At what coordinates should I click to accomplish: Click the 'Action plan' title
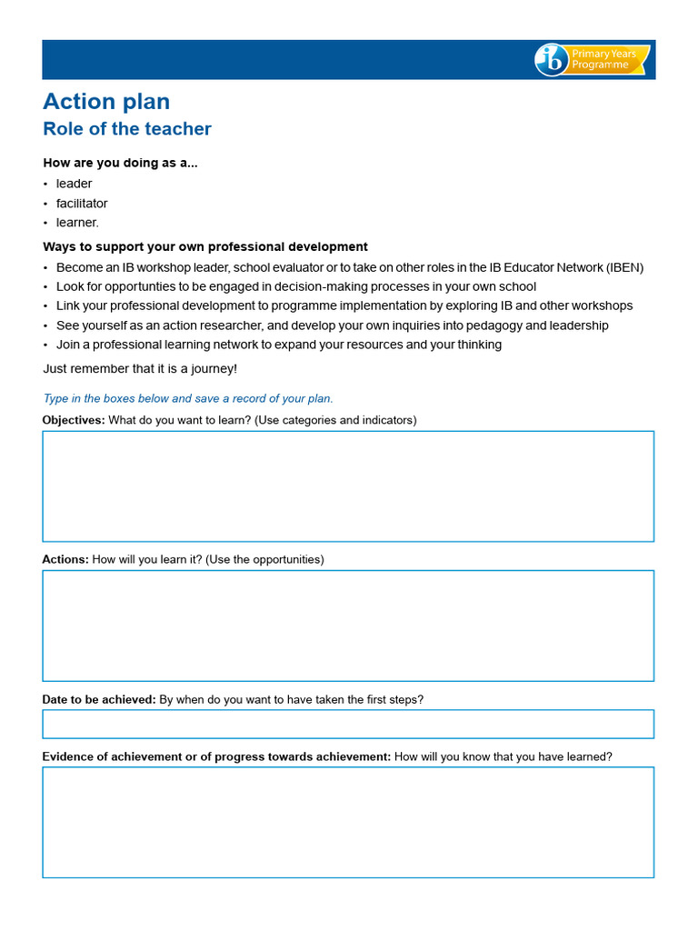pos(106,102)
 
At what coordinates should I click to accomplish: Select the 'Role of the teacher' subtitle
pos(127,129)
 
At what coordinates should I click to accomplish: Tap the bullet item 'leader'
pos(74,184)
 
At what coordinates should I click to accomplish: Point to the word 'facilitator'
pos(82,204)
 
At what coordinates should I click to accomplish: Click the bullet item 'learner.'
pos(77,223)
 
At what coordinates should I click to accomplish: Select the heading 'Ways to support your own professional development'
pos(205,246)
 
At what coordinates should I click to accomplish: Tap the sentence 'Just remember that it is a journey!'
pos(140,368)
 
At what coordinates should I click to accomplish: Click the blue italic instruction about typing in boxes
pos(188,398)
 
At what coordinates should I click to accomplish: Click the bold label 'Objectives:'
pos(74,420)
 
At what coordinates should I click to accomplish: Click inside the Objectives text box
pos(348,486)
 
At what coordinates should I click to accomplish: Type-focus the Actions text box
pos(348,626)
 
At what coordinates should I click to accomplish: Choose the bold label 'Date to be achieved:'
pos(99,699)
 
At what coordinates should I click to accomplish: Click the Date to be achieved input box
pos(348,724)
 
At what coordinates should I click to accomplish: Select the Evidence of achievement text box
pos(348,822)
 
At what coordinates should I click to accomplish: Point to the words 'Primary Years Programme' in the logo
pos(604,60)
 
